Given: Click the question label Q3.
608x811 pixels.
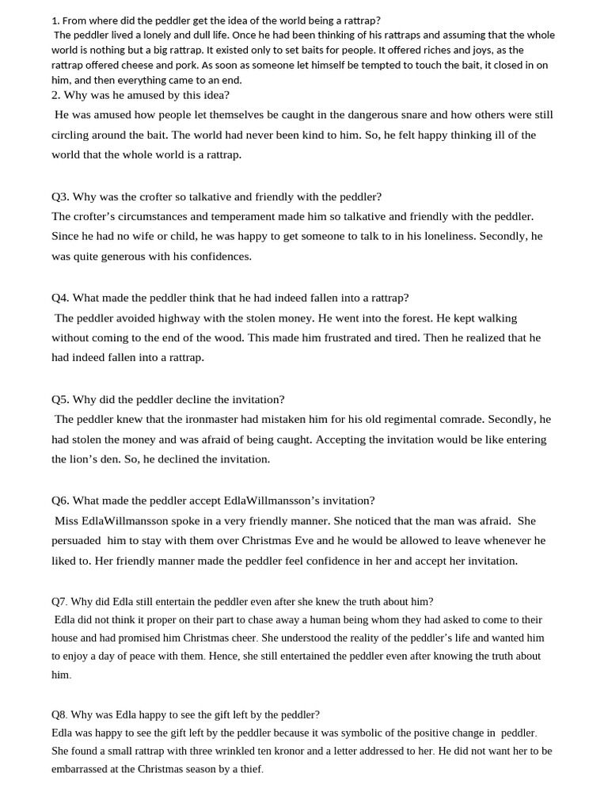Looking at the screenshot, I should (60, 196).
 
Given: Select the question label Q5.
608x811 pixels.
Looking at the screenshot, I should (60, 399).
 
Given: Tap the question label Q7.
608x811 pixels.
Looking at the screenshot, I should (60, 601).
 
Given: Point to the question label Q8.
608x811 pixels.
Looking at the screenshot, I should (60, 714).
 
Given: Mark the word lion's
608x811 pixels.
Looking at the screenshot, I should (89, 459).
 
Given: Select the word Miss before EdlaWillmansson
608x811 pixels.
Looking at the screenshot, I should (66, 521).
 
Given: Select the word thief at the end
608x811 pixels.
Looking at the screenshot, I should (249, 769).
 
